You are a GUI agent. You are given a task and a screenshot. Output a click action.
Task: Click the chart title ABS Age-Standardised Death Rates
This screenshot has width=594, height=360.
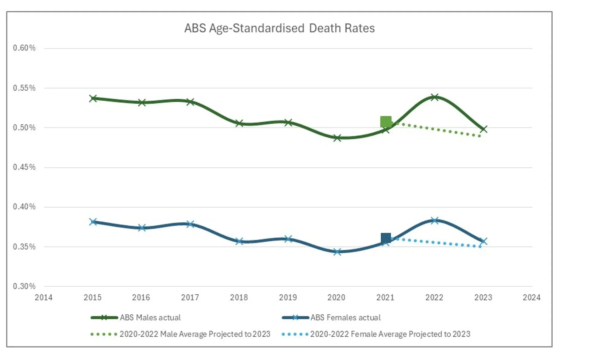coord(279,28)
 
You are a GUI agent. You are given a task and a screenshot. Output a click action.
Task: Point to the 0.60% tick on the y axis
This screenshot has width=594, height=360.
coord(24,48)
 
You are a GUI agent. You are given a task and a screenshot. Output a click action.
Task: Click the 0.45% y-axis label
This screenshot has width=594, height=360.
coord(24,167)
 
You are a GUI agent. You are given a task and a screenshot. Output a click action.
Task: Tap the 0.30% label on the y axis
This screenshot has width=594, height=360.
coord(24,286)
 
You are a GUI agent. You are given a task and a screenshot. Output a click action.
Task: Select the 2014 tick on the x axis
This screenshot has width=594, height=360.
coord(44,297)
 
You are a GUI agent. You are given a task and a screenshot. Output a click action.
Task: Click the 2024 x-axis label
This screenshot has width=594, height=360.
coord(531,297)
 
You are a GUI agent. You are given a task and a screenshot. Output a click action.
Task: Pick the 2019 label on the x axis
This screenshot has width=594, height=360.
coord(288,297)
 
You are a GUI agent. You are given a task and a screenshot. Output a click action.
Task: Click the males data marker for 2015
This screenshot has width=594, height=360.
coord(93,98)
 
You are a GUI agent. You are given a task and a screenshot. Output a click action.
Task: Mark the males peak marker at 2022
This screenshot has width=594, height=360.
coord(434,98)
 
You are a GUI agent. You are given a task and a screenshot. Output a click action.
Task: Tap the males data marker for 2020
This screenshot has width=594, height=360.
coord(337,138)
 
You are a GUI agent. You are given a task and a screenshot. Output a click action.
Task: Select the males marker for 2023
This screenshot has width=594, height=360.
coord(483,129)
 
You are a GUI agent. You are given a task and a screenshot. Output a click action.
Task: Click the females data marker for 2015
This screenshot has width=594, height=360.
coord(93,222)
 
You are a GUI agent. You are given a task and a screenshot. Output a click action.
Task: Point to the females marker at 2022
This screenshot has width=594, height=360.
coord(434,220)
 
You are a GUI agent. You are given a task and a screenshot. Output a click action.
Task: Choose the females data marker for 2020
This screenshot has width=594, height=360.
coord(337,252)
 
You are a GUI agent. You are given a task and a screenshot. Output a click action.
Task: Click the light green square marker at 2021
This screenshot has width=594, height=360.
coord(386,122)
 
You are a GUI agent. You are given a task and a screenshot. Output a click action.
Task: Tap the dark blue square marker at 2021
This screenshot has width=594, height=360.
coord(386,238)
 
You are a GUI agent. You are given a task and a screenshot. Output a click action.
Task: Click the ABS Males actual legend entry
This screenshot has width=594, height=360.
coord(150,318)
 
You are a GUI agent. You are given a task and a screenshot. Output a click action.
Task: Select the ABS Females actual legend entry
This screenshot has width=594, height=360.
coord(345,318)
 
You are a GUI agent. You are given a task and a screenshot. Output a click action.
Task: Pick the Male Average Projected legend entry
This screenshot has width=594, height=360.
coord(195,334)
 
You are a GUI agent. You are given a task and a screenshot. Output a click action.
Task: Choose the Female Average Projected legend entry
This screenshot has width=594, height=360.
coord(390,334)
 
